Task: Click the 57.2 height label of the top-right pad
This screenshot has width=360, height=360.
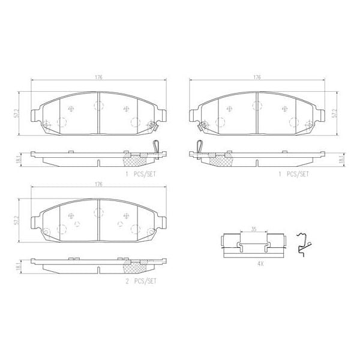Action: click(x=334, y=113)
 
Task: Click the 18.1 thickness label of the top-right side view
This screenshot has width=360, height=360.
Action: click(x=340, y=158)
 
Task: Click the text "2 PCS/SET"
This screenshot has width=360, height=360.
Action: click(x=140, y=280)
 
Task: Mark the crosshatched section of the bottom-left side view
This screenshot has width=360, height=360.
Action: click(x=134, y=264)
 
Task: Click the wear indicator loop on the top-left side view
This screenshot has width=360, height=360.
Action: click(x=157, y=146)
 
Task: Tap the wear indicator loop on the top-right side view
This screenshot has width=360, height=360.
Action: click(x=199, y=146)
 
